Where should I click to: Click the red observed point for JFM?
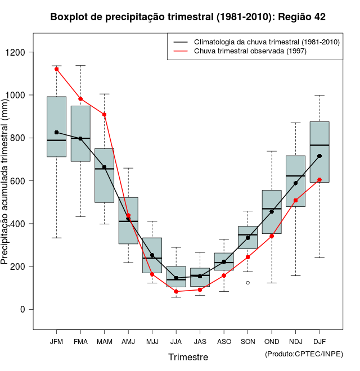tap(56, 69)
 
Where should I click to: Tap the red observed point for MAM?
tap(104, 115)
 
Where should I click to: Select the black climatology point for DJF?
tap(319, 156)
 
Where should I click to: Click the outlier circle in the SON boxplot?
tap(247, 283)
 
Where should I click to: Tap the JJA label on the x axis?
tap(176, 341)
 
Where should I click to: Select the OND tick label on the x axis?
tap(272, 341)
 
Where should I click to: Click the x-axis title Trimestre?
tap(188, 357)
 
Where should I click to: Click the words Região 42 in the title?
tap(302, 17)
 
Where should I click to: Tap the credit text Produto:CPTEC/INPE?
tap(304, 354)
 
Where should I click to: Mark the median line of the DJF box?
tap(319, 145)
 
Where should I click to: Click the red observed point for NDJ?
tap(295, 201)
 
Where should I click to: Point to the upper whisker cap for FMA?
tap(80, 66)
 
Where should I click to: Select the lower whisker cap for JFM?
tap(56, 238)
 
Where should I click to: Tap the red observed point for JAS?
tap(200, 290)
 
